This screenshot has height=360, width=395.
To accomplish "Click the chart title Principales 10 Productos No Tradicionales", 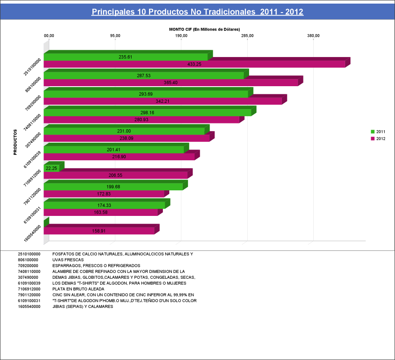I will pyautogui.click(x=197, y=12).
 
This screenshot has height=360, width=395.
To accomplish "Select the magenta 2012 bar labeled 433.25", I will pyautogui.click(x=194, y=64).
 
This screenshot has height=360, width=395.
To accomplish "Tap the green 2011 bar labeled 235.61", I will pyautogui.click(x=126, y=57).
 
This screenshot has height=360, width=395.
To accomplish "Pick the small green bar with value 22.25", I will pyautogui.click(x=52, y=168).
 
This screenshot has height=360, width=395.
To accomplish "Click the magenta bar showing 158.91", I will pyautogui.click(x=99, y=231).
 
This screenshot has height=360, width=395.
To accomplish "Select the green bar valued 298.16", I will pyautogui.click(x=147, y=113).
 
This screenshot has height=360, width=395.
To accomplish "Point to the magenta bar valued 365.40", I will pyautogui.click(x=171, y=83).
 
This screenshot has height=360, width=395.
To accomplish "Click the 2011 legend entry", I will pyautogui.click(x=378, y=132).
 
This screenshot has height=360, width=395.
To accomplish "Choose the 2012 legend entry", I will pyautogui.click(x=378, y=139).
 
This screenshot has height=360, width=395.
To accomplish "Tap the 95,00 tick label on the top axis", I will pyautogui.click(x=115, y=36).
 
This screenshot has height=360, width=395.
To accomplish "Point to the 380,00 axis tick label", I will pyautogui.click(x=313, y=36).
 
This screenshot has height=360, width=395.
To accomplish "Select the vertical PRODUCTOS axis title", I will pyautogui.click(x=15, y=142).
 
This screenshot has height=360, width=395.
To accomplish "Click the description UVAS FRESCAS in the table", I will pyautogui.click(x=68, y=260).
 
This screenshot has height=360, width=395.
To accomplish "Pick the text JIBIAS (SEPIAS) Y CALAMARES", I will pyautogui.click(x=83, y=307).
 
